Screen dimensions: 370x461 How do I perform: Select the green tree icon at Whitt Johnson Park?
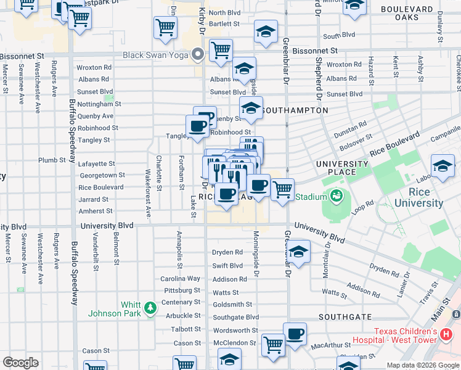pyautogui.click(x=149, y=307)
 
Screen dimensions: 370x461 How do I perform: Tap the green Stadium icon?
pyautogui.click(x=336, y=197)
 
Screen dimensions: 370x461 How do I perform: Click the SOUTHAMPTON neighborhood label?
pyautogui.click(x=295, y=110)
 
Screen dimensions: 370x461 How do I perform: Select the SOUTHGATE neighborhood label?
pyautogui.click(x=345, y=316)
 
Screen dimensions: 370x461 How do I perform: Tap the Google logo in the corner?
pyautogui.click(x=20, y=362)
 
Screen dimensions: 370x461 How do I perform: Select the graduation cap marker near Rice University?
pyautogui.click(x=443, y=167)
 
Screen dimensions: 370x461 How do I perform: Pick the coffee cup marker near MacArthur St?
pyautogui.click(x=295, y=334)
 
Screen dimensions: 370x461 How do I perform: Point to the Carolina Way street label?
pyautogui.click(x=180, y=279)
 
